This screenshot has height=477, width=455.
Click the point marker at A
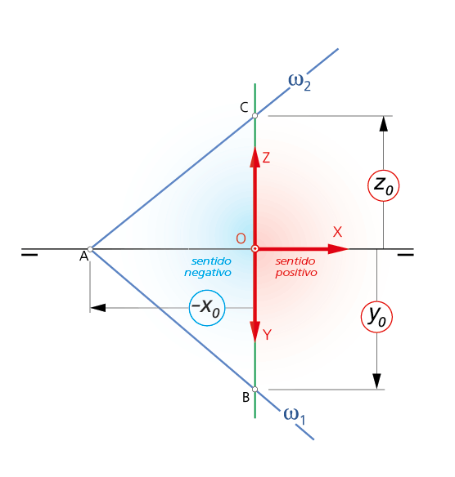(90, 249)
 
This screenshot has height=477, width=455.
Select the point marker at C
(255, 116)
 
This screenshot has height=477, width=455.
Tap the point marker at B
(255, 390)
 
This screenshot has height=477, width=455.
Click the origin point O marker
(255, 249)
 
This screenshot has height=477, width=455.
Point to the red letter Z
(266, 158)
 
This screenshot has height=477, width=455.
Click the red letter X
(337, 232)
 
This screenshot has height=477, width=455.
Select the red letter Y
(267, 335)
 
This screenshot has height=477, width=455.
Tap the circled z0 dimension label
(383, 185)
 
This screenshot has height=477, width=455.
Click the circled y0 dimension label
(376, 317)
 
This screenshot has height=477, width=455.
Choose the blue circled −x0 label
(207, 308)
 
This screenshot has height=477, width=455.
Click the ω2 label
(300, 82)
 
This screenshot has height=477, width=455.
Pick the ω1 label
(294, 416)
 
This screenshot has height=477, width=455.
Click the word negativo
(208, 273)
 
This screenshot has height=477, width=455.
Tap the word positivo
(296, 273)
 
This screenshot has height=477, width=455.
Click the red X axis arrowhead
(338, 249)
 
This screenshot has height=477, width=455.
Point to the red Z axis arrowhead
(255, 157)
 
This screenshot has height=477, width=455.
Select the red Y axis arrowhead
(255, 332)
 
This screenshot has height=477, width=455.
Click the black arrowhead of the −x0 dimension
(98, 308)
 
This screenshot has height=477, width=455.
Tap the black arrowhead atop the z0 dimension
(383, 123)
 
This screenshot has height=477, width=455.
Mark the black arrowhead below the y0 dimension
(377, 381)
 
